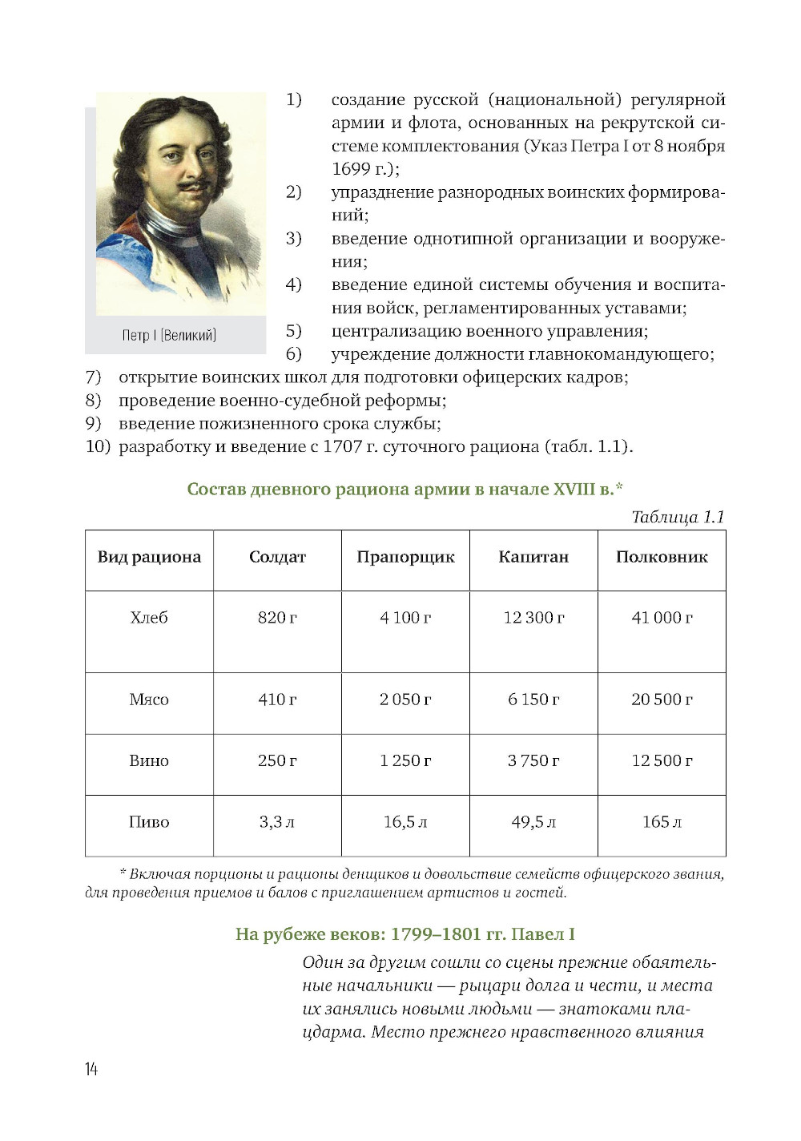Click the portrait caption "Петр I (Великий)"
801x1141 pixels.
tap(169, 335)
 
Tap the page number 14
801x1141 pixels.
tap(91, 1069)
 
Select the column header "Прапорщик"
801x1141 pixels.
tap(405, 557)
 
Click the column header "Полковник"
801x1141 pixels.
tap(662, 557)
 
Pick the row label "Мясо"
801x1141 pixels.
tap(149, 700)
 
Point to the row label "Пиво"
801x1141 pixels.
tap(149, 822)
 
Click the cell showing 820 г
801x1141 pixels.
tap(277, 618)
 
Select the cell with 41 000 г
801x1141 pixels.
tap(662, 618)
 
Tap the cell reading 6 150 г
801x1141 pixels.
tap(533, 700)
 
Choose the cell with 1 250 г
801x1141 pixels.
tap(405, 760)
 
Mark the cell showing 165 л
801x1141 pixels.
tap(662, 822)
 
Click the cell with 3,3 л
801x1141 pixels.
tap(277, 822)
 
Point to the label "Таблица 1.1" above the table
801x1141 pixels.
tap(678, 517)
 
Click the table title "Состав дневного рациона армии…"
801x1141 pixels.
tap(405, 489)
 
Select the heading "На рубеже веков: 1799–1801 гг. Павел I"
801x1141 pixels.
tap(405, 934)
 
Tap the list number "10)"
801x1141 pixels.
tap(98, 446)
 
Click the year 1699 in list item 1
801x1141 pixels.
tap(351, 169)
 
